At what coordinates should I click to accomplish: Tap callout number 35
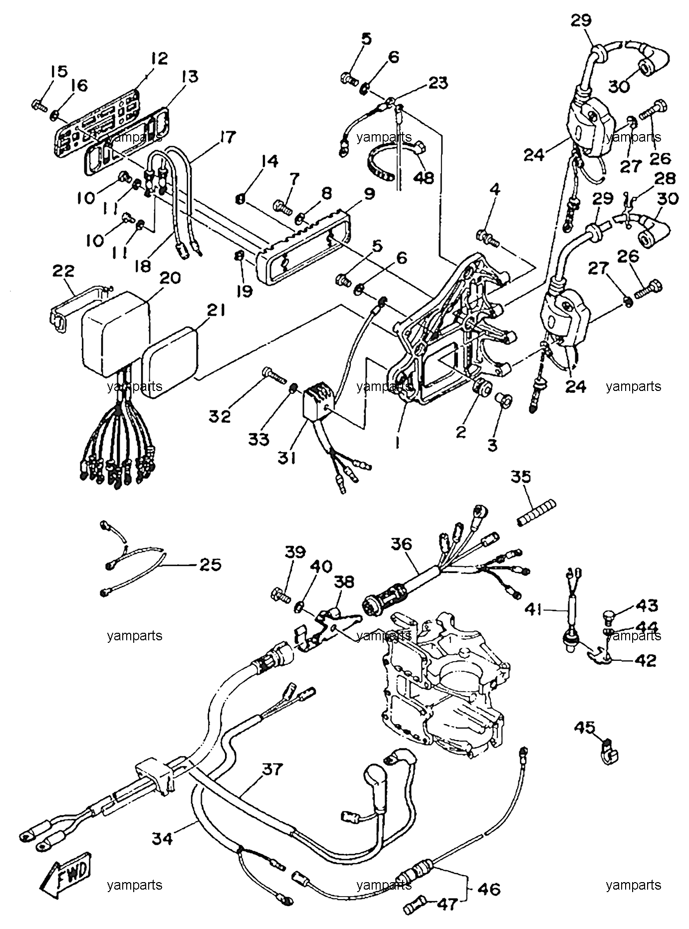520,477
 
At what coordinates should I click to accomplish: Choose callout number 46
489,889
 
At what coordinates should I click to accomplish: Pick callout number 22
63,271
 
